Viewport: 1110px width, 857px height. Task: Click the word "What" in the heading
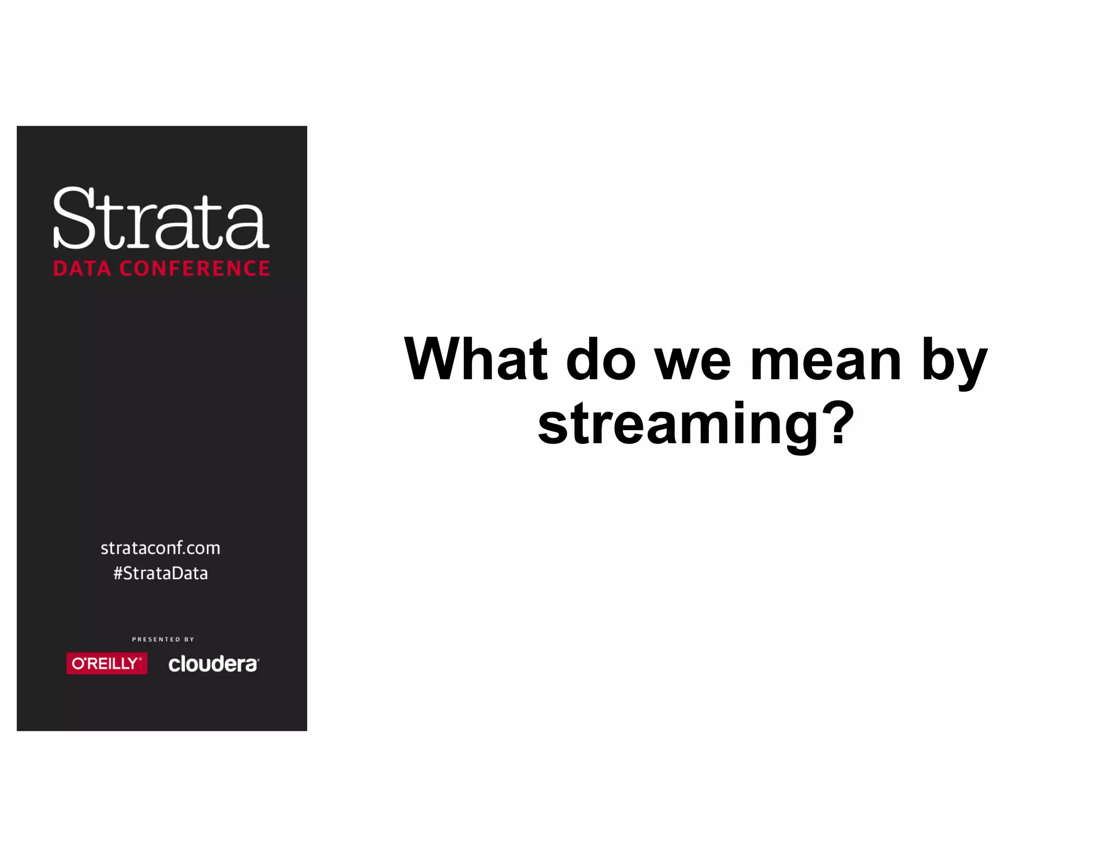[x=476, y=359]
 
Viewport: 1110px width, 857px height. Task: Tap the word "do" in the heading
[x=601, y=359]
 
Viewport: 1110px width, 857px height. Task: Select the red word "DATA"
[x=82, y=269]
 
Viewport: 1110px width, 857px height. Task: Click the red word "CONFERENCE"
[x=195, y=269]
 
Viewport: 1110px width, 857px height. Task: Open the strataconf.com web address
[x=160, y=548]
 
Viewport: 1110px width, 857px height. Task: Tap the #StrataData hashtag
[x=160, y=573]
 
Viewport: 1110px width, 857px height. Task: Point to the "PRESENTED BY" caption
[x=163, y=639]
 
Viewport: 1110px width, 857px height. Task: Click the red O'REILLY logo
[x=107, y=664]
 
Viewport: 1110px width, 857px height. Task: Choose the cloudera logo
[x=214, y=664]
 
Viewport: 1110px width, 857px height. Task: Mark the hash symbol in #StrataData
[x=118, y=573]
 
